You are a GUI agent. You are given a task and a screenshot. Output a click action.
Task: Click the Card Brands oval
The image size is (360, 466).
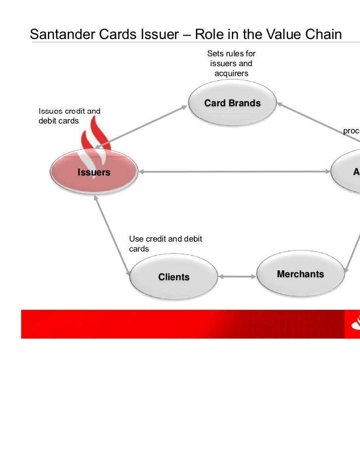point(232,104)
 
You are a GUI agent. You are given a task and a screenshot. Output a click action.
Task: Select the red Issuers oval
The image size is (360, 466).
point(93,172)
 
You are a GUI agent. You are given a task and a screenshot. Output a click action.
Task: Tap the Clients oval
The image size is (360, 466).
point(174,277)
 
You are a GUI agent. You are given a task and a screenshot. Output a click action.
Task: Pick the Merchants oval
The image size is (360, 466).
point(300,274)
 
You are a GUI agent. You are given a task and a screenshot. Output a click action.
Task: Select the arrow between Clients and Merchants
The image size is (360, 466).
point(237,277)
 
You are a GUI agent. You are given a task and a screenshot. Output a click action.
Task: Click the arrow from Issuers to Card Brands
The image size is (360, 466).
point(143,126)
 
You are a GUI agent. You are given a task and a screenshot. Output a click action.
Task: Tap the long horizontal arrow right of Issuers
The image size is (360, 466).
point(235,172)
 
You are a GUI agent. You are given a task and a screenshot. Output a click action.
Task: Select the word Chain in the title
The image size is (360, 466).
point(321,35)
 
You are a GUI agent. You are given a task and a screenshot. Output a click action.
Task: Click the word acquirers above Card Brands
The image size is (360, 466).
point(231,73)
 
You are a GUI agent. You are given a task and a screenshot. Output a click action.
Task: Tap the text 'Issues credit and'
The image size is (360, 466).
point(69,111)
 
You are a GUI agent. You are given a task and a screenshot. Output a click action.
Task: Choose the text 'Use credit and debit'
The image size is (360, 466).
point(166,239)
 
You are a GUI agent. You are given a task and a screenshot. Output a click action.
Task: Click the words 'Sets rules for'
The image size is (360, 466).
point(231,53)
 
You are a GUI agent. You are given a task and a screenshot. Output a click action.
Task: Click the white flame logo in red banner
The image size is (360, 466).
point(355,324)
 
